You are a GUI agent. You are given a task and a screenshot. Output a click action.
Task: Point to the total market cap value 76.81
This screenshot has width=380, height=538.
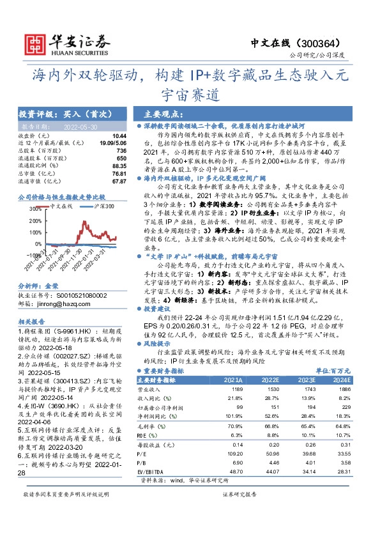pyautogui.click(x=119, y=173)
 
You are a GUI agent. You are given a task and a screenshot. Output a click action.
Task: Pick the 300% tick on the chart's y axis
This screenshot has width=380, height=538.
pyautogui.click(x=34, y=208)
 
